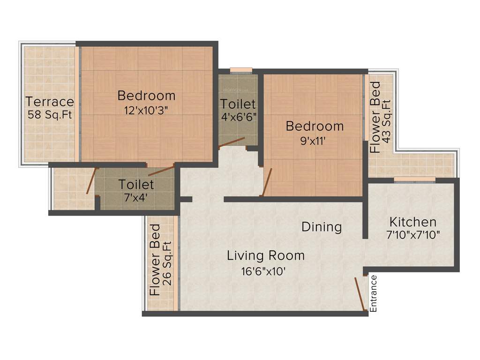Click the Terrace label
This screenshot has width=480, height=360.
pos(50,102)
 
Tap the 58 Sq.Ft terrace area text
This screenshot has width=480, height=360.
pos(50,114)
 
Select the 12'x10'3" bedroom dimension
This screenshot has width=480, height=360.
pos(146,111)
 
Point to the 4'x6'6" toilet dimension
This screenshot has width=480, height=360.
pos(238,116)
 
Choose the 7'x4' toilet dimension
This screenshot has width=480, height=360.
pos(136,197)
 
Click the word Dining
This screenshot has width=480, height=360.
pos(321,227)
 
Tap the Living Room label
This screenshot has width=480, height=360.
pos(266,256)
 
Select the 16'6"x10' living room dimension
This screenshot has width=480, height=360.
pos(262,271)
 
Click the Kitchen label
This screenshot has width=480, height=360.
pos(413,222)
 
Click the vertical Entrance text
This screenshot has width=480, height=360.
pos(374,293)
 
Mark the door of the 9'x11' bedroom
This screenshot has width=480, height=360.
pos(267,182)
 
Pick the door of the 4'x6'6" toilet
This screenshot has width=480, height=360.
pos(232,142)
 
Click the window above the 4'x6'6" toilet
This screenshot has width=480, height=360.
pos(241,70)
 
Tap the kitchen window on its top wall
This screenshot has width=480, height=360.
pos(414,179)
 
